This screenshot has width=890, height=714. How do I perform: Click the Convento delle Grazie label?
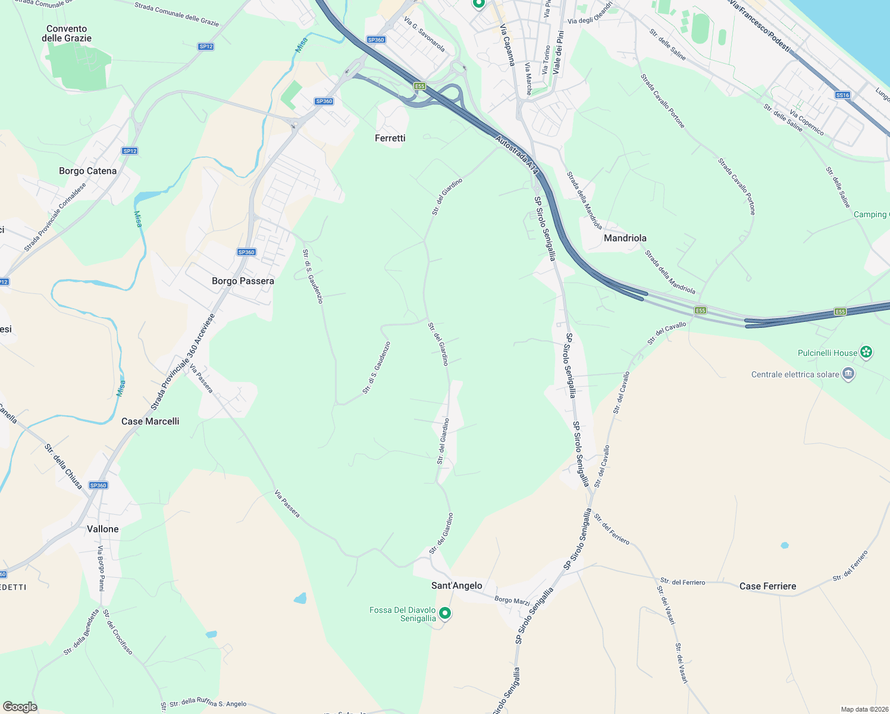click(67, 33)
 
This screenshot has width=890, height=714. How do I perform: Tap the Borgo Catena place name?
click(87, 171)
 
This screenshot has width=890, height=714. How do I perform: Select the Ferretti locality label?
click(390, 138)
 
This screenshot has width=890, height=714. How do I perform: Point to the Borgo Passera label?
click(243, 281)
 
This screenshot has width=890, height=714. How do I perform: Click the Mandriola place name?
click(625, 238)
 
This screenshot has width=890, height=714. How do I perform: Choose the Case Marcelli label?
click(150, 421)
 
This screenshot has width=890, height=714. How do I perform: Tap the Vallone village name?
click(103, 529)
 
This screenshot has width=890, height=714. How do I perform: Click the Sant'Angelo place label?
click(456, 585)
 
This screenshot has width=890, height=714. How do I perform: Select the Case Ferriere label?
click(767, 586)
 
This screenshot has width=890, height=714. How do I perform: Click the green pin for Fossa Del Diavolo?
click(444, 613)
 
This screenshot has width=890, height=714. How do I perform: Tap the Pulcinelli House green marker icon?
click(867, 352)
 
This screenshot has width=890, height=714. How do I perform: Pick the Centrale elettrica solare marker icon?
click(848, 374)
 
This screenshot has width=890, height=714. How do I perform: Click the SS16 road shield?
click(842, 95)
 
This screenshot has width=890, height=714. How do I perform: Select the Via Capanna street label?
click(507, 45)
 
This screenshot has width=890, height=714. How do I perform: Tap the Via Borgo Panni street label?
click(101, 568)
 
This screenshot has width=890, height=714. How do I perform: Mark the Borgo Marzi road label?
click(512, 600)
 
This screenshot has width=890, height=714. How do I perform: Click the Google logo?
click(20, 706)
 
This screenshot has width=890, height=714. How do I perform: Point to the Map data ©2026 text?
click(864, 709)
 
